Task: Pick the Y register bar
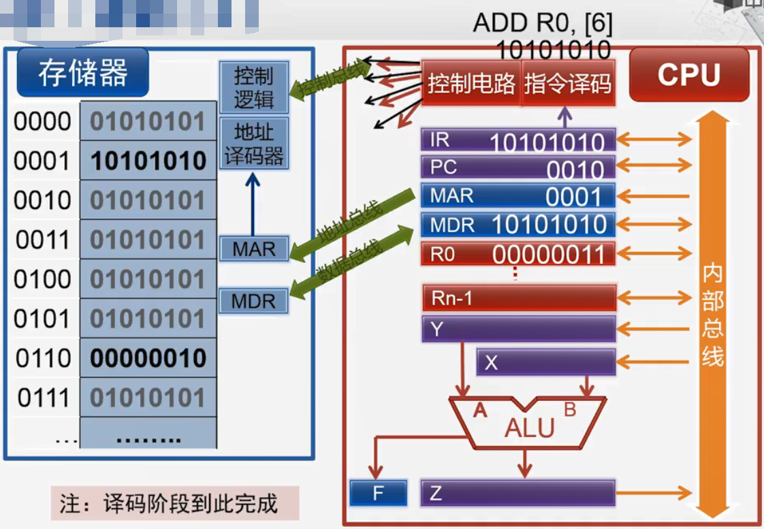tap(518, 329)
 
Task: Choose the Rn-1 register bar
tap(518, 298)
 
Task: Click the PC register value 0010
tap(575, 169)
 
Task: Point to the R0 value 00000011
tap(548, 254)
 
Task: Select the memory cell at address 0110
tap(148, 358)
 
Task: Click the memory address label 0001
tap(42, 161)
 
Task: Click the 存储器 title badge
tap(82, 72)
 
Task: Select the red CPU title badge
tap(688, 74)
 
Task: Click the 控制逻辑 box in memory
tap(253, 87)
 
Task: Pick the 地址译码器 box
tap(253, 144)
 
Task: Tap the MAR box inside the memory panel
tap(253, 249)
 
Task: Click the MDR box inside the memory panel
tap(253, 300)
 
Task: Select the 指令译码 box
tap(568, 84)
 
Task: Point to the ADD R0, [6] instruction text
tap(542, 24)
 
